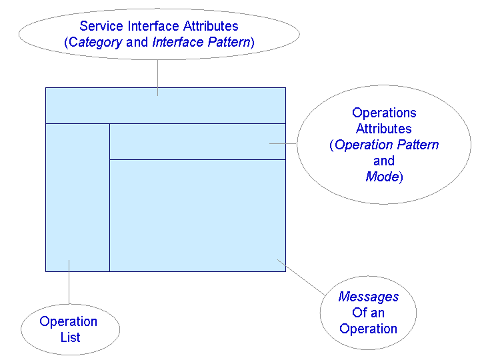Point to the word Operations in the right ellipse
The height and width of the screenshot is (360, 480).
(x=384, y=113)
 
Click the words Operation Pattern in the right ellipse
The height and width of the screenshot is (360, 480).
(x=387, y=145)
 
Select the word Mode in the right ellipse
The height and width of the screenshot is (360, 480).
(x=381, y=177)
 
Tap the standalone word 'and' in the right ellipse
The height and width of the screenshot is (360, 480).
(x=384, y=161)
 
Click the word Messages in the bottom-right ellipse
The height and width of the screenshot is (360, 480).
(x=368, y=297)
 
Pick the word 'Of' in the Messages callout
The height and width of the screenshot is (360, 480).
(x=359, y=313)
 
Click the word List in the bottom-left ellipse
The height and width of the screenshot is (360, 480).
(x=70, y=337)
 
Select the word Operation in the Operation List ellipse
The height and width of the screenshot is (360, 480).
(x=68, y=321)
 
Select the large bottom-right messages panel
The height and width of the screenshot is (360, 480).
(x=197, y=215)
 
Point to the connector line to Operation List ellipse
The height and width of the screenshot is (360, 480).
(x=69, y=283)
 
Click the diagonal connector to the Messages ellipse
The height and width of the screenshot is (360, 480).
(x=301, y=275)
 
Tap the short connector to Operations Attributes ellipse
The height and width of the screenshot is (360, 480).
(x=283, y=143)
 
